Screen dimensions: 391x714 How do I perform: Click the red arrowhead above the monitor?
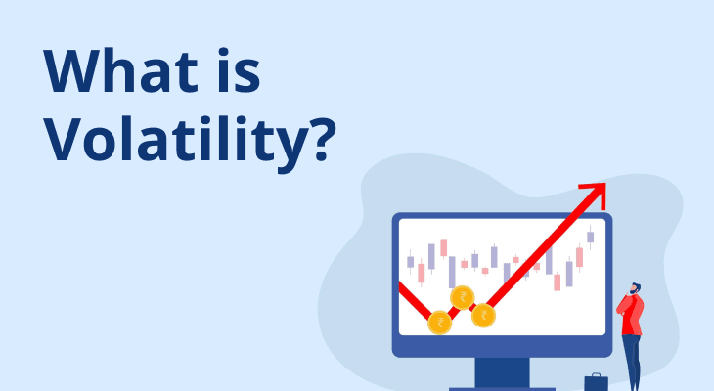(596, 191)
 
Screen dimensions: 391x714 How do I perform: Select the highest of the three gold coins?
(462, 297)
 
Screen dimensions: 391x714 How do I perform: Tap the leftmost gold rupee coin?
(440, 322)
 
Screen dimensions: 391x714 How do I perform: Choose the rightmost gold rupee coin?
(483, 316)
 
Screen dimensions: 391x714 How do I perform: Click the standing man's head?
(635, 290)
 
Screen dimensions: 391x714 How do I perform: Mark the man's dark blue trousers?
(632, 362)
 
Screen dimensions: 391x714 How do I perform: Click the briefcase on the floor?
(596, 382)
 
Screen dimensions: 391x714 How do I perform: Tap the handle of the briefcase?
(596, 373)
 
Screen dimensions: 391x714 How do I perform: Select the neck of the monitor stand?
(501, 371)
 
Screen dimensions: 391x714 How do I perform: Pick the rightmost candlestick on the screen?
(590, 236)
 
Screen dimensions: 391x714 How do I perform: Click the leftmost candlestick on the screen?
(411, 261)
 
